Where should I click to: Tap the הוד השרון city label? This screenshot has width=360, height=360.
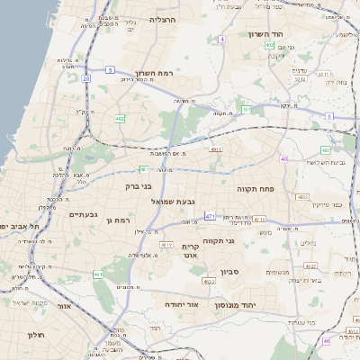point(266,34)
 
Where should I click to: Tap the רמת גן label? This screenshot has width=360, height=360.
point(118,220)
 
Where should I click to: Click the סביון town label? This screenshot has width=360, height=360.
point(229,271)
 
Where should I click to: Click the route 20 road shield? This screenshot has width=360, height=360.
point(86,78)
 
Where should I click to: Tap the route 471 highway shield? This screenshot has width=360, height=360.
point(210,217)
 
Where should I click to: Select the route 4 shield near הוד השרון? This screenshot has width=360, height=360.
point(221,40)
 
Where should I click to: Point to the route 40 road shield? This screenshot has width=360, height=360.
point(283,158)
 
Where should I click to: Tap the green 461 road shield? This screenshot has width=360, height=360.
point(98,274)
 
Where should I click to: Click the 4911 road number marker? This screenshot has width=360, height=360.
point(215,149)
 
